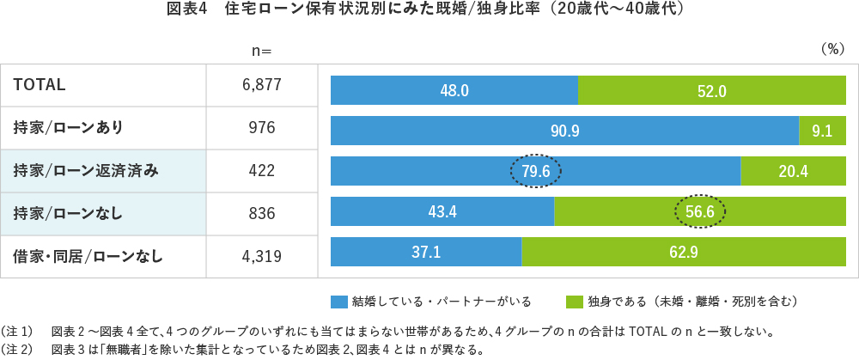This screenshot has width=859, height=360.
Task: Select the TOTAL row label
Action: tap(40, 84)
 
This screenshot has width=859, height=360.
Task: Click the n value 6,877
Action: tap(262, 84)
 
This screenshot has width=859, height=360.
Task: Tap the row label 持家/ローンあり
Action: tap(68, 128)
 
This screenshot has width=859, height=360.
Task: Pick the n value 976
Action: tap(262, 128)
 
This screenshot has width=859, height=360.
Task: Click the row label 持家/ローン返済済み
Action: tap(86, 171)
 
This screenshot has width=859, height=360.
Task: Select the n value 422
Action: tap(262, 171)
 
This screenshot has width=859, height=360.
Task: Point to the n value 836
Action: tap(262, 212)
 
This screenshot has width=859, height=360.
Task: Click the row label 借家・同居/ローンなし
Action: tap(88, 255)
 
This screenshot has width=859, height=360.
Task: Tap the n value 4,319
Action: tap(262, 255)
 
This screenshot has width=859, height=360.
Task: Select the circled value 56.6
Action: tap(698, 212)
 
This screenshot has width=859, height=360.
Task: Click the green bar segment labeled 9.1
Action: tap(822, 131)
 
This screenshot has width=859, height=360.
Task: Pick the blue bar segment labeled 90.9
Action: tap(564, 131)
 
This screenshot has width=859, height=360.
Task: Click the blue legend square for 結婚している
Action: tap(338, 302)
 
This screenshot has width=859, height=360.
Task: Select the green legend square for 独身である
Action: tap(574, 302)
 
